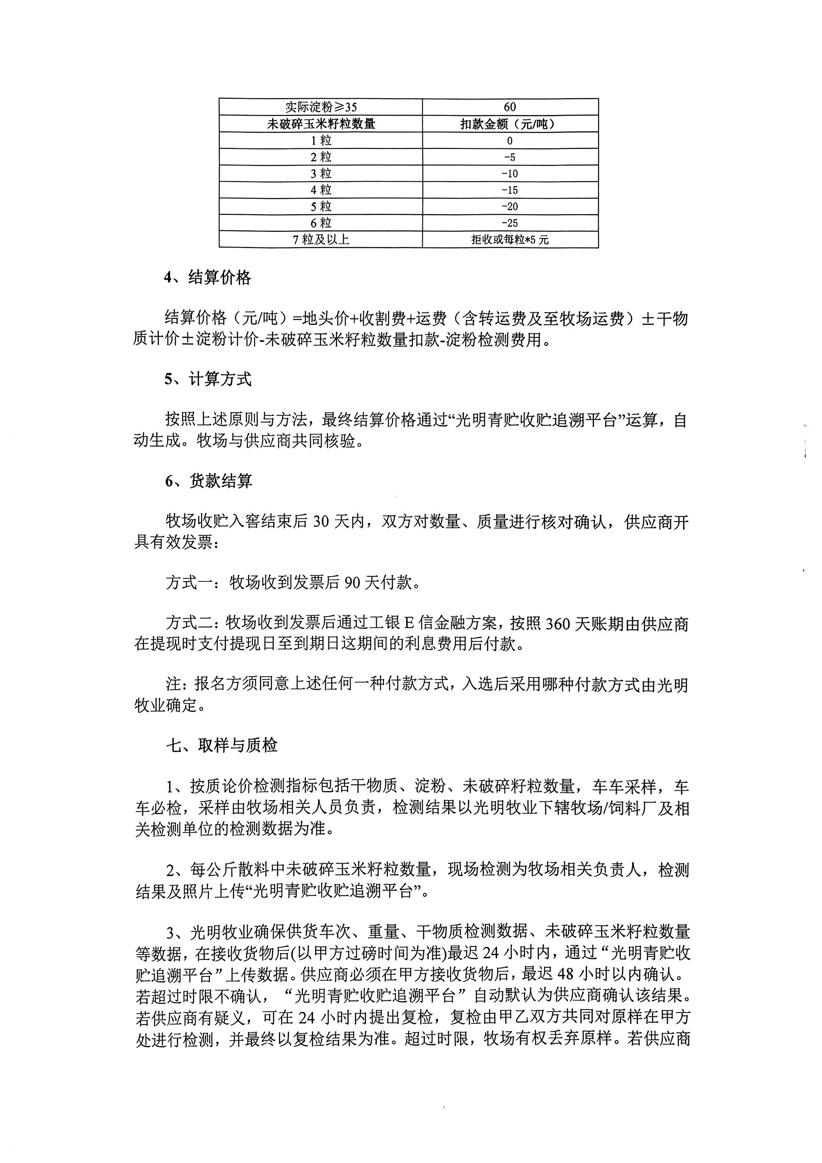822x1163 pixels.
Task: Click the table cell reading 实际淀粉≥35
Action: (320, 107)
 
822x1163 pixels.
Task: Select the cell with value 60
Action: (509, 107)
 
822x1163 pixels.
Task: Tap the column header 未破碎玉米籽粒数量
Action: (320, 124)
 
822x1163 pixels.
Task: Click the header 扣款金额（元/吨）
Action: (509, 124)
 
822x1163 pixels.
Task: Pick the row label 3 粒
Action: (320, 174)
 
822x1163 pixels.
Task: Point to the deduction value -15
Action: (509, 190)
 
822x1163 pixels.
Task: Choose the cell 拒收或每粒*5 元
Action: (509, 240)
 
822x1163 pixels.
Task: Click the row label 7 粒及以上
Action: (320, 240)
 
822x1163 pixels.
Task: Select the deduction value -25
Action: (509, 223)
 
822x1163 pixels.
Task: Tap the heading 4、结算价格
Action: (207, 277)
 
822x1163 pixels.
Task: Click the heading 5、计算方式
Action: (207, 379)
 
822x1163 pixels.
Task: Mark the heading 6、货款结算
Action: (208, 481)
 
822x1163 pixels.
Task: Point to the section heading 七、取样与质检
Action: (221, 745)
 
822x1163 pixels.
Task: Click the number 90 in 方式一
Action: (352, 583)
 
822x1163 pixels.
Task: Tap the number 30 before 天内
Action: (321, 521)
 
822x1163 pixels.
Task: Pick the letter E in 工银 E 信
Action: (408, 624)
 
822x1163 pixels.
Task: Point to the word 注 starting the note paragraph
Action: (173, 685)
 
